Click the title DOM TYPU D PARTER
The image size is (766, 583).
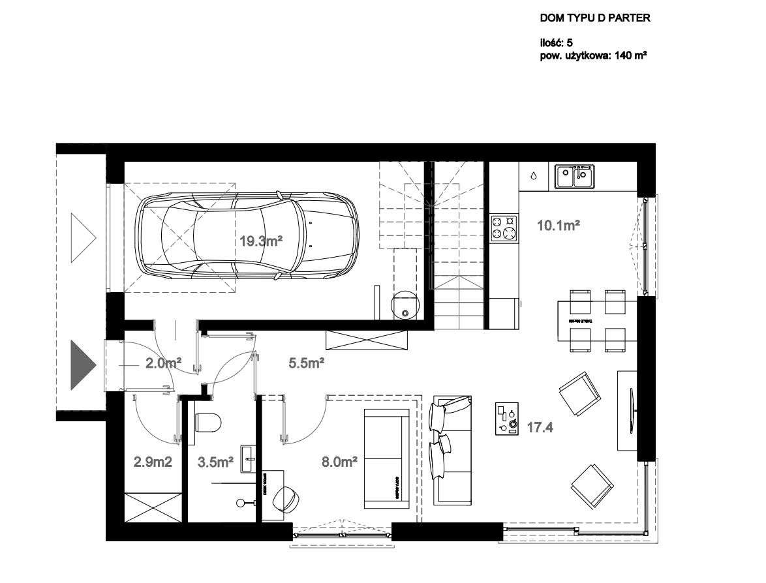tap(594, 18)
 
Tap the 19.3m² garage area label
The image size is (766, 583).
tap(260, 241)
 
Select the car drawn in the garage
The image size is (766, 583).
tap(248, 235)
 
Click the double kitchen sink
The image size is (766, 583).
tap(574, 176)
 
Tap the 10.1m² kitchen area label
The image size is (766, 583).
tap(559, 226)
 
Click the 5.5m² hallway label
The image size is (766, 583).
tap(307, 363)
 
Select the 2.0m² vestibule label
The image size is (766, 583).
tap(163, 363)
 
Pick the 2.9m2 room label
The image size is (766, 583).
tap(153, 462)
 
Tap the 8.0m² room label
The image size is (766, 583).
tap(339, 462)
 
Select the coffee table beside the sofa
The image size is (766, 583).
tap(506, 418)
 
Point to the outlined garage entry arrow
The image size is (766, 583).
tap(83, 235)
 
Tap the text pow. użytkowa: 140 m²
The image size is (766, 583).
tap(593, 56)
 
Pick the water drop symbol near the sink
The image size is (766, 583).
tap(534, 175)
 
